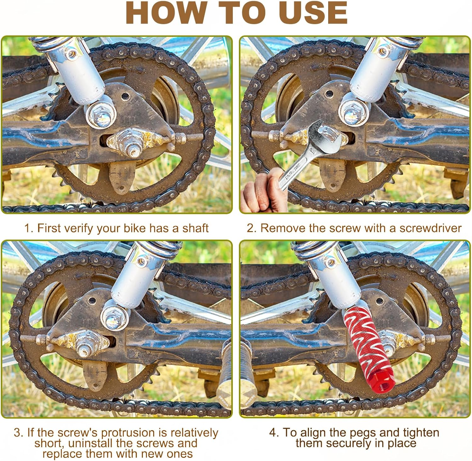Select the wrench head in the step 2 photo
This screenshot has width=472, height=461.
pyautogui.click(x=325, y=137)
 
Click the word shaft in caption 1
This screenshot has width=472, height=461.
pyautogui.click(x=195, y=228)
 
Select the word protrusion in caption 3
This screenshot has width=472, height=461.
pyautogui.click(x=134, y=433)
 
